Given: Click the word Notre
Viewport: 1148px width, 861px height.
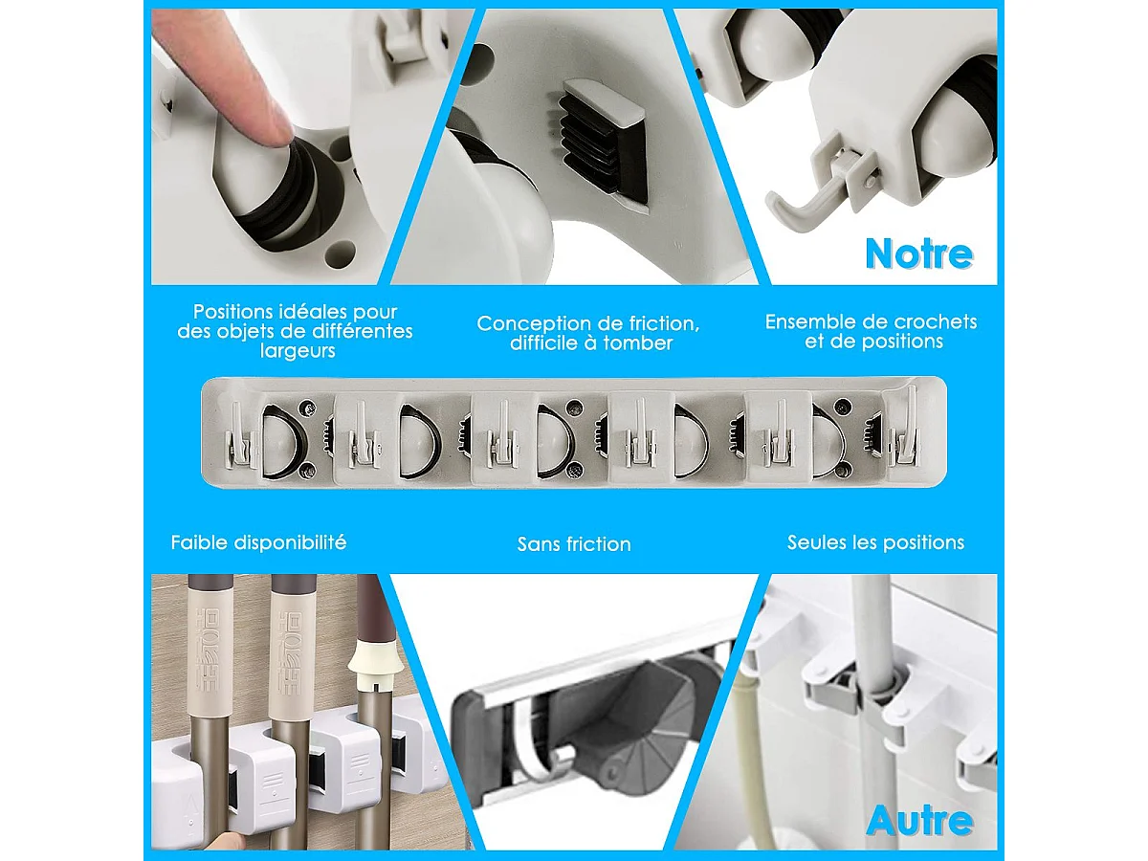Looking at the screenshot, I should tap(918, 254).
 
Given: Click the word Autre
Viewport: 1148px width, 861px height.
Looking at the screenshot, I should tap(919, 821).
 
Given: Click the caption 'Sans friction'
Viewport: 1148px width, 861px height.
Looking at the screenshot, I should tap(574, 544).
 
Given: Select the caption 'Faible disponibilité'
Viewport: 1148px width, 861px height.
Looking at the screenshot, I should tap(258, 542).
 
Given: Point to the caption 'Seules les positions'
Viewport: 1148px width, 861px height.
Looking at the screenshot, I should tap(875, 542).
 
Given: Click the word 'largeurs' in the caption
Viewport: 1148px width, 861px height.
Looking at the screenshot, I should tap(298, 351).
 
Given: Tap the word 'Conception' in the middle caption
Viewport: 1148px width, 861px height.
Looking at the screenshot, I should tap(536, 323).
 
